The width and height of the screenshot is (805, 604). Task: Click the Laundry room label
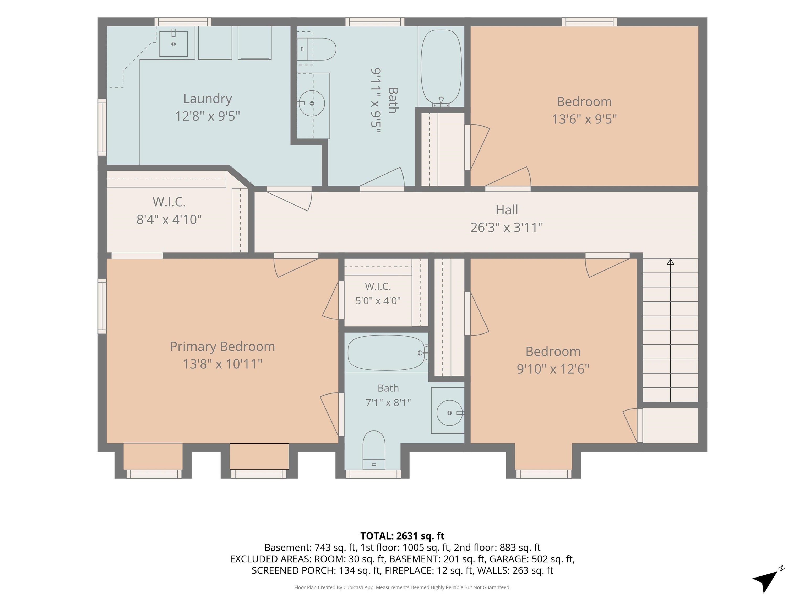click(208, 99)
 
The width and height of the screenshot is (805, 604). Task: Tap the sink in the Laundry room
click(173, 43)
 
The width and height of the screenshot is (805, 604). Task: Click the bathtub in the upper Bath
click(441, 68)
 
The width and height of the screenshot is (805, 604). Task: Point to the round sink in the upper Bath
click(312, 103)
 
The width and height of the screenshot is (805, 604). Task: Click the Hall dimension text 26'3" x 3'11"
click(507, 228)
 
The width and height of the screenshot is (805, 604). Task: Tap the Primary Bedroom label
click(222, 347)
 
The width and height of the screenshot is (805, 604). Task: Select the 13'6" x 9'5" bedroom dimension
click(584, 119)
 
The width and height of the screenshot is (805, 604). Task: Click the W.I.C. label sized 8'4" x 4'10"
click(169, 202)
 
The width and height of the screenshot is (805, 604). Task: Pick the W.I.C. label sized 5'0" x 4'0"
click(378, 287)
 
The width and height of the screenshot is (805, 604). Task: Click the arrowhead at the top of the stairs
click(670, 261)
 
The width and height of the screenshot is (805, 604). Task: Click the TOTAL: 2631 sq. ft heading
click(402, 536)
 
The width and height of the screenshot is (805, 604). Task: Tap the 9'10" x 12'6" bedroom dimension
click(553, 369)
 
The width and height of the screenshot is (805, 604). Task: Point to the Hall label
click(507, 210)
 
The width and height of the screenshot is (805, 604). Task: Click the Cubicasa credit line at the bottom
click(402, 587)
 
